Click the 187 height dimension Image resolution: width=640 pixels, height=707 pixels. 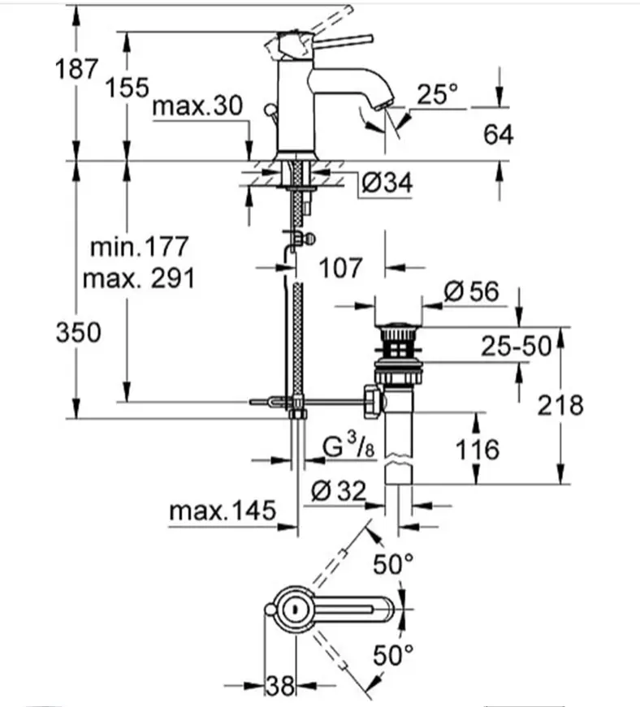coord(76,69)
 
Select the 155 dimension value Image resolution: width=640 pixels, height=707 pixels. coord(127,87)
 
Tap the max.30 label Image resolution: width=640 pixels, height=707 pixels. coord(197,106)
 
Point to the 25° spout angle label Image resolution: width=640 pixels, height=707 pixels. coord(437,94)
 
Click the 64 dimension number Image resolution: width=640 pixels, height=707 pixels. coord(498,135)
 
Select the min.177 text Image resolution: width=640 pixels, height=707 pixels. coord(139,247)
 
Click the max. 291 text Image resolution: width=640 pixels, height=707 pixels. coord(139,278)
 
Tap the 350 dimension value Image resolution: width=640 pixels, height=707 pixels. coord(79,333)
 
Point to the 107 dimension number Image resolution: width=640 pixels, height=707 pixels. coord(340,268)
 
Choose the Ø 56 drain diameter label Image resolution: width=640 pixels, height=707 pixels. coord(471,291)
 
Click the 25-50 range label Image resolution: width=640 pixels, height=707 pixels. coord(516,347)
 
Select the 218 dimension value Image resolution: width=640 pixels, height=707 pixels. coord(560,405)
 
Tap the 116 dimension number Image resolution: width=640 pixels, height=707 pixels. coord(478,450)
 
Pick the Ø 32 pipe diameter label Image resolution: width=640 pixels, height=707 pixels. coord(338,490)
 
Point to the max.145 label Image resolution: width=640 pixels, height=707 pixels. coord(223,511)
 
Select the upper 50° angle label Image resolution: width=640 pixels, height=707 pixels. coord(393,563)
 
